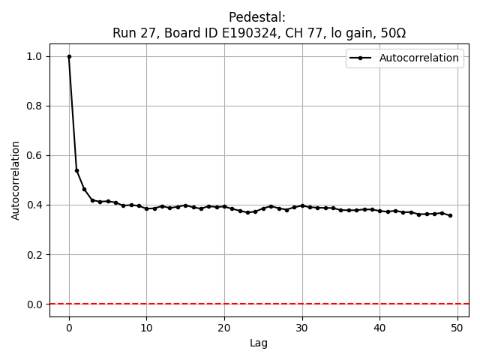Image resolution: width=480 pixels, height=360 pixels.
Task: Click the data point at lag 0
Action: tap(69, 56)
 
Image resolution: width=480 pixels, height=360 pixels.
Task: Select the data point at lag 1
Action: tap(76, 170)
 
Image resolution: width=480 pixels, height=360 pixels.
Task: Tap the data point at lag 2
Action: tap(85, 189)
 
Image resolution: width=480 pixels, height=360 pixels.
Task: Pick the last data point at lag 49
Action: tap(450, 215)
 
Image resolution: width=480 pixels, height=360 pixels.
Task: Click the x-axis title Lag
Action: tap(259, 343)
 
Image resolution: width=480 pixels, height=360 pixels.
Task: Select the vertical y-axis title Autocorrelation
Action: tap(16, 180)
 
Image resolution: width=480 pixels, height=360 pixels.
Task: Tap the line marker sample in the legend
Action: tap(361, 58)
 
